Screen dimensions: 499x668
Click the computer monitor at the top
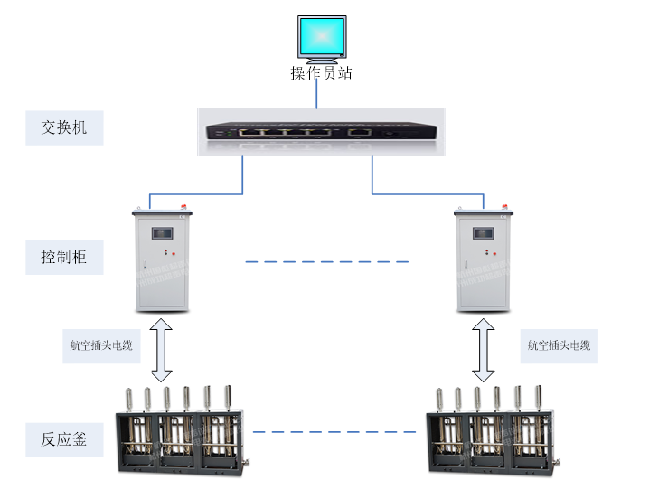click(x=322, y=37)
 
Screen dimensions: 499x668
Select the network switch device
click(x=321, y=131)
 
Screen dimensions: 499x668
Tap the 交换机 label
click(x=64, y=128)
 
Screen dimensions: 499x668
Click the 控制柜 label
click(x=64, y=258)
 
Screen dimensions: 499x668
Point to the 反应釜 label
click(x=64, y=439)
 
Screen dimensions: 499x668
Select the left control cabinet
click(x=163, y=258)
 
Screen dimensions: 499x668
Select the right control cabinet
click(x=485, y=258)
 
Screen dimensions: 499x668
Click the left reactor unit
click(x=181, y=431)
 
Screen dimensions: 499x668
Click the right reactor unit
click(x=493, y=431)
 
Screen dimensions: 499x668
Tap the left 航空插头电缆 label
click(x=100, y=344)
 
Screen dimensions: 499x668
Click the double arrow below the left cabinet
click(x=161, y=349)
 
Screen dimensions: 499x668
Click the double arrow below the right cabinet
click(x=484, y=349)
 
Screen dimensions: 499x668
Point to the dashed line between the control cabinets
click(x=326, y=262)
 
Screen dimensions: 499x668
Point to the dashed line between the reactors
click(x=336, y=432)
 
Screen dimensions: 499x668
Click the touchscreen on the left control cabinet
click(x=164, y=231)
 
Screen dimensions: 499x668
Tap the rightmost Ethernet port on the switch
click(x=360, y=132)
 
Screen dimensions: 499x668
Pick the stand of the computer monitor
click(x=322, y=60)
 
